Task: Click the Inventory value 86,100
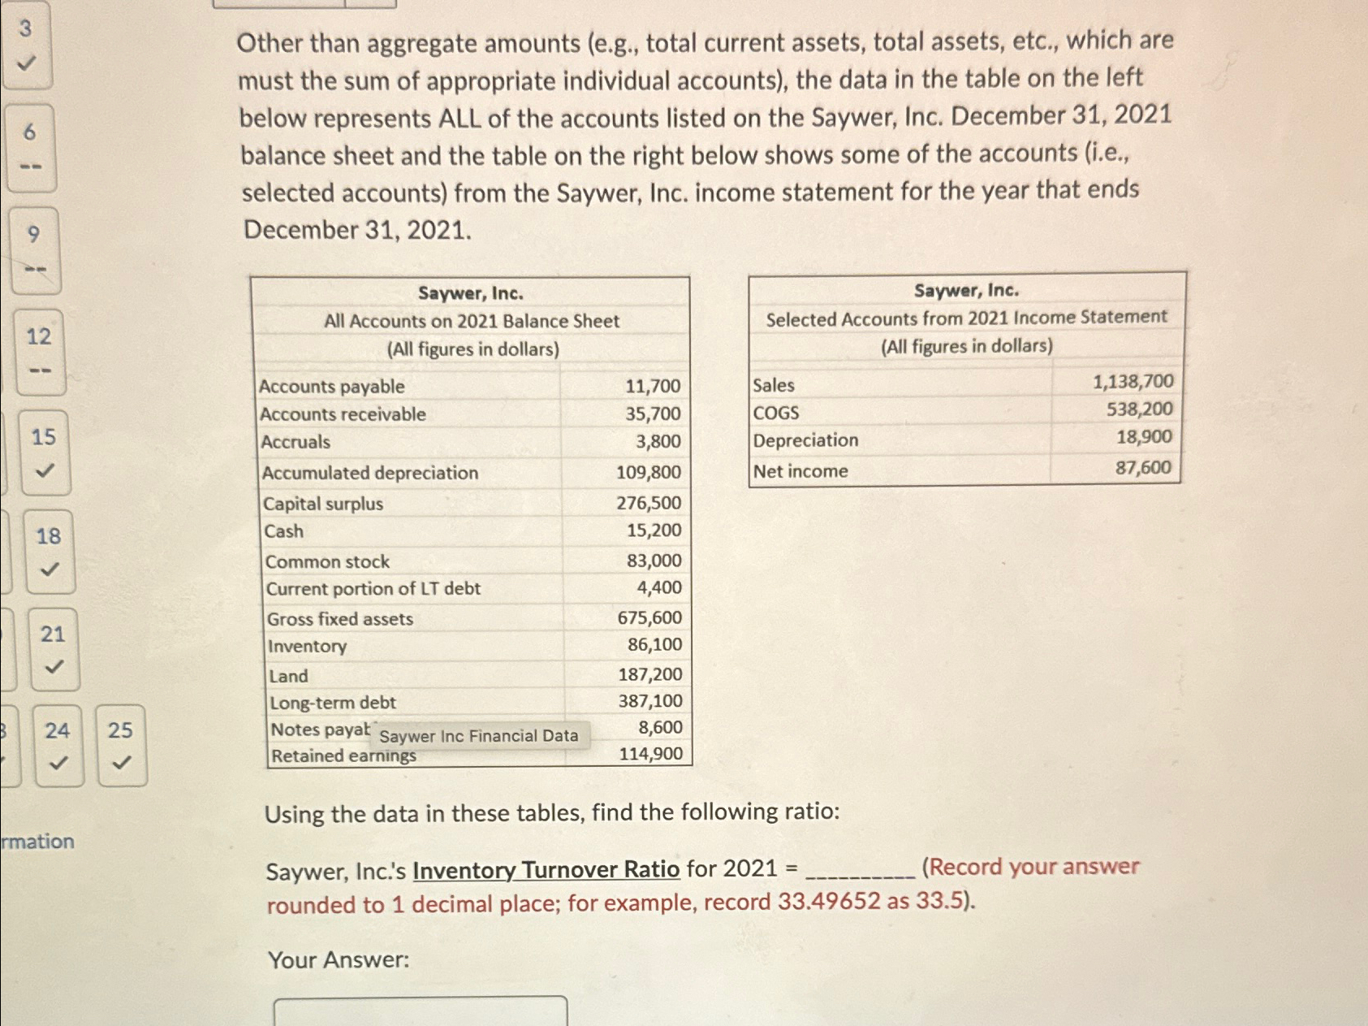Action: tap(654, 645)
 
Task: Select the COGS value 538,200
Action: tap(1139, 409)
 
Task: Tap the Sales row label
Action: tap(773, 385)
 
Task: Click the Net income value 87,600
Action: tap(1142, 468)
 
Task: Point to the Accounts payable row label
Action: tap(331, 387)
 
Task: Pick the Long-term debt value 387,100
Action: tap(649, 701)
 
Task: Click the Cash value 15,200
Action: tap(654, 530)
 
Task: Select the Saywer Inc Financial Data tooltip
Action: tap(478, 736)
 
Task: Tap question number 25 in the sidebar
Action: tap(121, 744)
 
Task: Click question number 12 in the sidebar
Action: tap(39, 351)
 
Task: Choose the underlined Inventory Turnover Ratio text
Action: tap(546, 870)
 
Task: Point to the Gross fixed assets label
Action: tap(339, 619)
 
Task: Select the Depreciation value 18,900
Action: tap(1143, 438)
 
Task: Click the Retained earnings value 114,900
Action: tap(650, 754)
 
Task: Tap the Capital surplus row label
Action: tap(322, 504)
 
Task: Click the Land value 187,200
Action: tap(649, 674)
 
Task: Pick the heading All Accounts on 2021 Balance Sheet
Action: tap(471, 321)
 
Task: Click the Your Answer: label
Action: tap(339, 960)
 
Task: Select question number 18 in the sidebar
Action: tap(49, 551)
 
